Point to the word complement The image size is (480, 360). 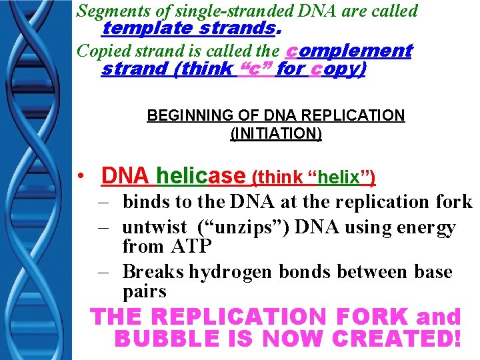pos(349,51)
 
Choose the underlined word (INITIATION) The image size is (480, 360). pos(275,133)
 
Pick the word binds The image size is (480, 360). pos(144,201)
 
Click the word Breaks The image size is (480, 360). pos(153,272)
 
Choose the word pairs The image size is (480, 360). pos(145,292)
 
